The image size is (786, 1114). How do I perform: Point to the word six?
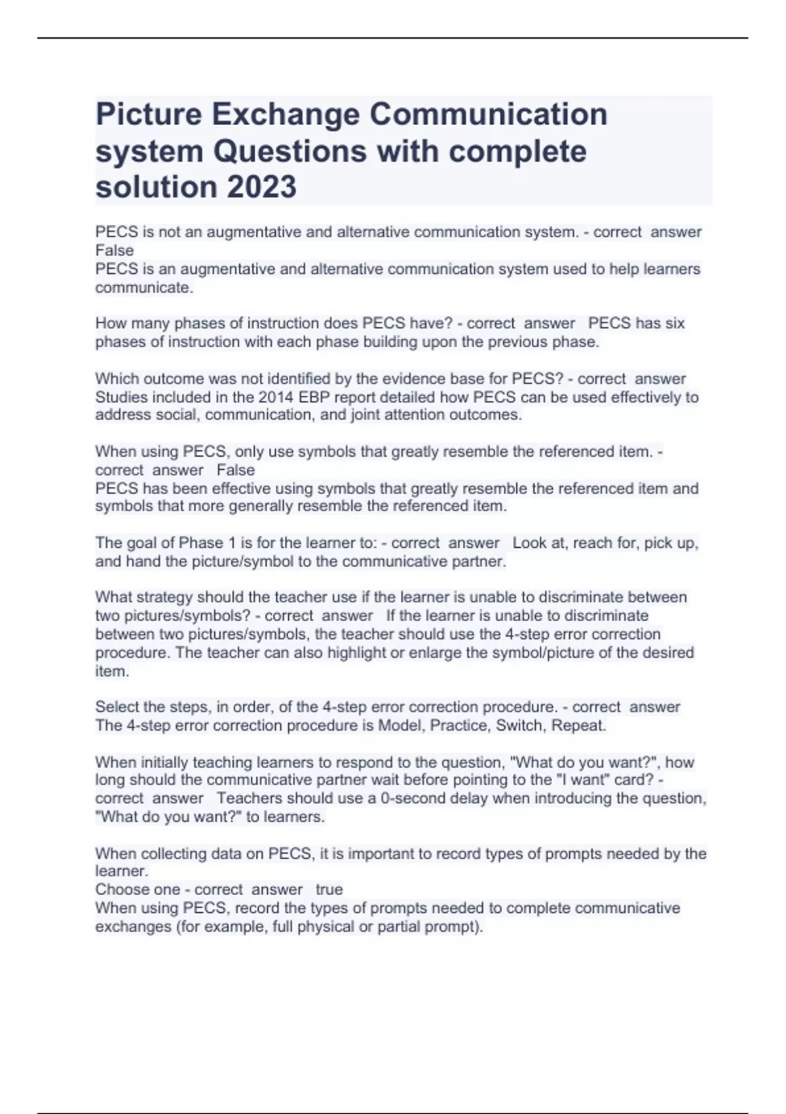[673, 323]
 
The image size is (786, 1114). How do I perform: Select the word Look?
[529, 543]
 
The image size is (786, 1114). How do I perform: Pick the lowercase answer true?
[329, 889]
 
